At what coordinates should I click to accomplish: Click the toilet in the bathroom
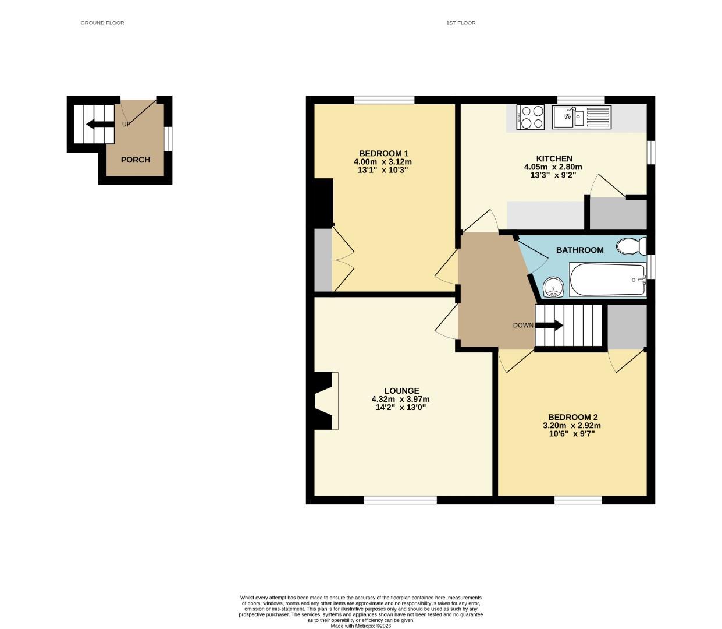(631, 246)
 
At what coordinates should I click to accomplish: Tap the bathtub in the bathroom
(608, 280)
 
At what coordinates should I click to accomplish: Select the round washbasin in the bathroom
(553, 287)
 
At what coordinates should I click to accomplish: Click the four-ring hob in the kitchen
(530, 117)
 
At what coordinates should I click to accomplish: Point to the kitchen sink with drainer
(581, 117)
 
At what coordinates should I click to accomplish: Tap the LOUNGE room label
(401, 391)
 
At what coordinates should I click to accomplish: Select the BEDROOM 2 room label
(572, 417)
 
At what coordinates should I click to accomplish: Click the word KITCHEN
(554, 158)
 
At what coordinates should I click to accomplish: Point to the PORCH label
(136, 160)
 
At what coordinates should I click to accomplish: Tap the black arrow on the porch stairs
(99, 123)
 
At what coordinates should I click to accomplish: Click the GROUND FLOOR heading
(102, 23)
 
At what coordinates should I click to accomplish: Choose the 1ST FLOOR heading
(461, 23)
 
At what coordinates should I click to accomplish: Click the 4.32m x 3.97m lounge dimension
(400, 399)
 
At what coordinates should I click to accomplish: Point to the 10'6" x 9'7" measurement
(572, 433)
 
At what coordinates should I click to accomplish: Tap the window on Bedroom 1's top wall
(384, 100)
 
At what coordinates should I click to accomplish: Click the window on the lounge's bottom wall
(400, 500)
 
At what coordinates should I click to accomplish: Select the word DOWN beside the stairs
(522, 326)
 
